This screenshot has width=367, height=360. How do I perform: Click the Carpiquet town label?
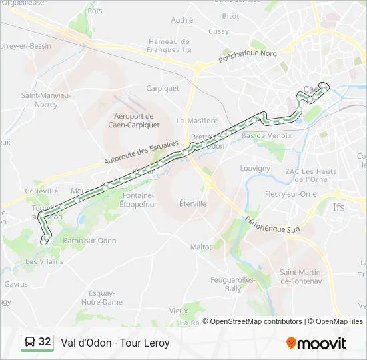pyautogui.click(x=163, y=88)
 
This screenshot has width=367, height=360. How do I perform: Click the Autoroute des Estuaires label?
pyautogui.click(x=141, y=153)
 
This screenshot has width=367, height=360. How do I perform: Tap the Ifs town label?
pyautogui.click(x=339, y=207)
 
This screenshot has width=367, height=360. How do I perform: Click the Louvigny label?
pyautogui.click(x=254, y=169)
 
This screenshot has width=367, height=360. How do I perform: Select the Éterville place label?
pyautogui.click(x=192, y=203)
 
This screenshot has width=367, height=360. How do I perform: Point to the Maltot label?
pyautogui.click(x=201, y=247)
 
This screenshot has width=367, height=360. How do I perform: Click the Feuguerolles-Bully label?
pyautogui.click(x=233, y=284)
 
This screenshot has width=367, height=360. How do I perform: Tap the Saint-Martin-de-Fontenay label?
pyautogui.click(x=301, y=277)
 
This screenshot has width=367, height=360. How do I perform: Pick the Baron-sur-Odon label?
pyautogui.click(x=89, y=241)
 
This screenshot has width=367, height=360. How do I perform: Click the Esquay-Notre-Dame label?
pyautogui.click(x=101, y=297)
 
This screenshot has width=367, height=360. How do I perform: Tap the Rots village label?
pyautogui.click(x=95, y=11)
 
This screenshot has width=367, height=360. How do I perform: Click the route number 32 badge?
pyautogui.click(x=37, y=342)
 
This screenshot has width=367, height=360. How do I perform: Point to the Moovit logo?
pyautogui.click(x=316, y=343)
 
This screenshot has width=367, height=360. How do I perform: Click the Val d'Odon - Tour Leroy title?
pyautogui.click(x=115, y=343)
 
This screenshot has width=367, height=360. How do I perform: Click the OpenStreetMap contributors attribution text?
pyautogui.click(x=256, y=321)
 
